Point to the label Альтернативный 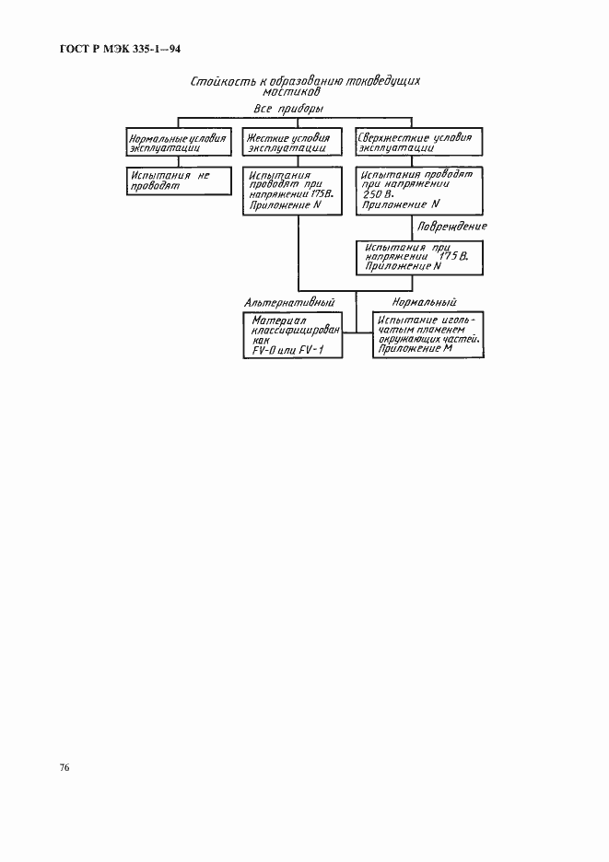coord(288,302)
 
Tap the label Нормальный coord(424,302)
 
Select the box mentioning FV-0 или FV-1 coord(288,335)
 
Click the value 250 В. coord(377,194)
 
